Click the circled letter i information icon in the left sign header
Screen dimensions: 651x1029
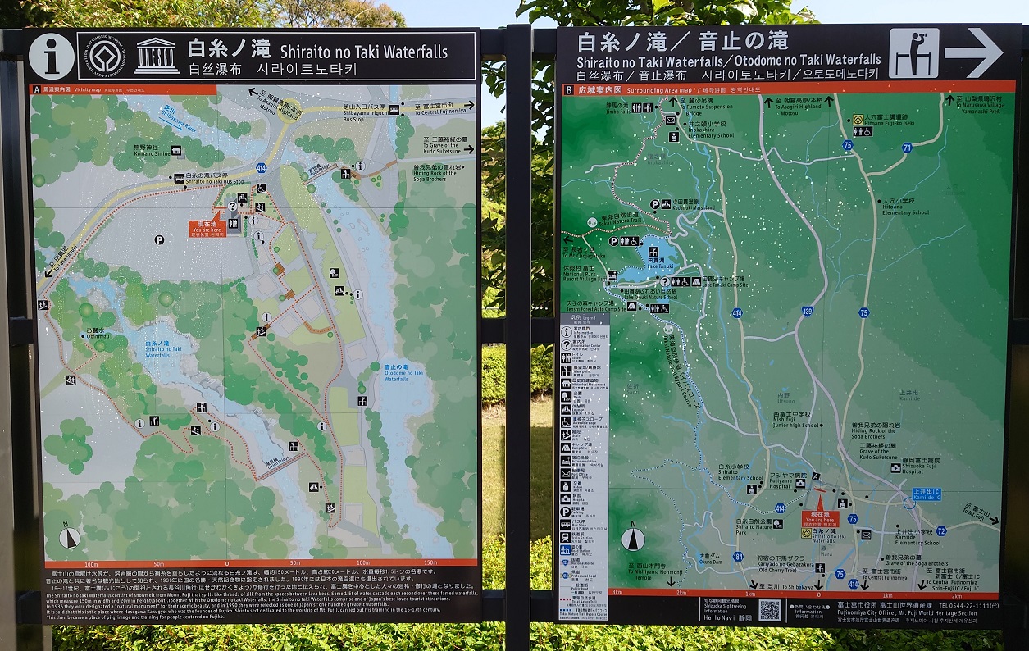tap(51, 56)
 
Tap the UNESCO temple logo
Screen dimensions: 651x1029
tap(156, 56)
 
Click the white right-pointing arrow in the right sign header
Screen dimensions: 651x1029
tap(972, 53)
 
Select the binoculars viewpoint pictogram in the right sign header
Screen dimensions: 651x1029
tap(913, 53)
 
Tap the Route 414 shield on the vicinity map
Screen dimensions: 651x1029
tap(261, 167)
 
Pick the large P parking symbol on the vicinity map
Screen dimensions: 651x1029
tap(158, 239)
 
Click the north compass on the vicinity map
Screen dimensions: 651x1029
tap(70, 537)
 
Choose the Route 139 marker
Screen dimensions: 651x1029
tap(807, 311)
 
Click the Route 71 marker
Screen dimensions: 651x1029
tap(906, 148)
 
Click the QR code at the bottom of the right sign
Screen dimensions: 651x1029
tap(769, 610)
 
